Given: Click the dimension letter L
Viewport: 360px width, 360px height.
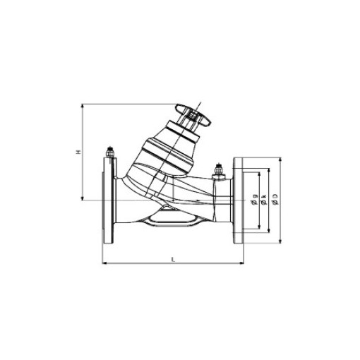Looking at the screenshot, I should click(x=174, y=260).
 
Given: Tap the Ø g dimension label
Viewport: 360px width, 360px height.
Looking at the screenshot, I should click(x=253, y=200).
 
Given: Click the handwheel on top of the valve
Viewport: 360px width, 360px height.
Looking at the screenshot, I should click(x=194, y=114).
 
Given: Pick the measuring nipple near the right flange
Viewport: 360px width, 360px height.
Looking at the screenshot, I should click(x=218, y=170).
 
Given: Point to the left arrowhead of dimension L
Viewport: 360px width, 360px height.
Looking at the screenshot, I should click(x=107, y=265).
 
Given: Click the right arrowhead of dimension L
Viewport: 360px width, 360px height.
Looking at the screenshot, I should click(x=241, y=265).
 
